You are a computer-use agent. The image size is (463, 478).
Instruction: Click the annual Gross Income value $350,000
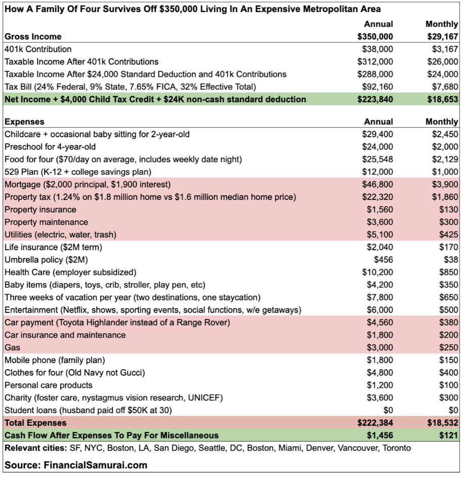click(375, 36)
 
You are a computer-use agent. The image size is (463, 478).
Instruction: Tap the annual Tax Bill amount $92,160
click(377, 87)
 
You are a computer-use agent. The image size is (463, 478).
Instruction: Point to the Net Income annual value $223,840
click(375, 99)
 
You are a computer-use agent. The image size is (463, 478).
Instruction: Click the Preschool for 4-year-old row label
click(50, 147)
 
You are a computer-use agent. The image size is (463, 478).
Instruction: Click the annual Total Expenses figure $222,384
click(375, 422)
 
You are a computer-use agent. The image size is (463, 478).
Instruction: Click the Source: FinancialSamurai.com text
click(76, 464)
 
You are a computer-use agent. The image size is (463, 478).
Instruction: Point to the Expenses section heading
click(24, 122)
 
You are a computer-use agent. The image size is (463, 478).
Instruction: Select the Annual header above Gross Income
click(378, 24)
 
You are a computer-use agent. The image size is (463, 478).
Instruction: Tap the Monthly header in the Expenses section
click(441, 122)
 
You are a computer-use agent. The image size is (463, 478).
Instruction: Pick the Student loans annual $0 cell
click(388, 410)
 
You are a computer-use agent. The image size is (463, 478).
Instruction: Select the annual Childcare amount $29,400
click(377, 134)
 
